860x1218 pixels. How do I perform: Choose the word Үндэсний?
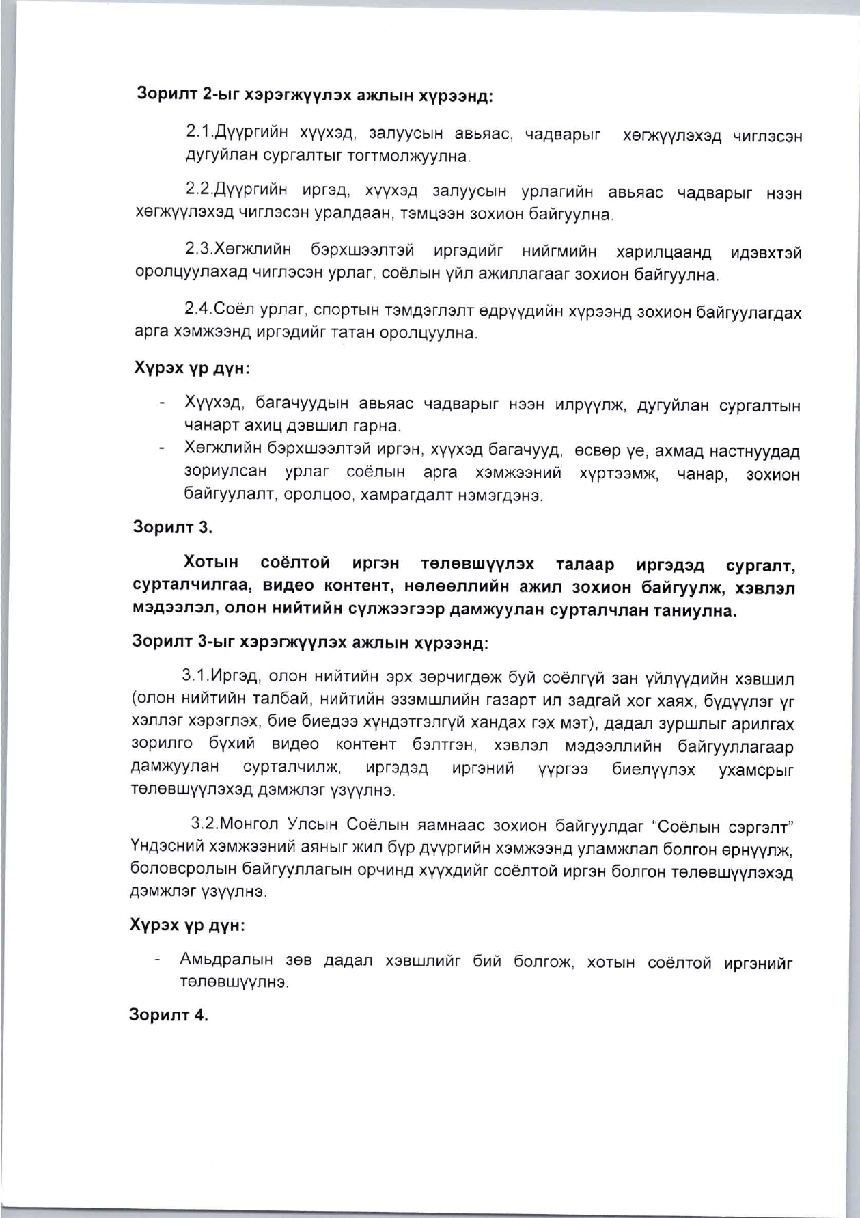[163, 848]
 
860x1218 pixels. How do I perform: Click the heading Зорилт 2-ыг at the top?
[187, 95]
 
